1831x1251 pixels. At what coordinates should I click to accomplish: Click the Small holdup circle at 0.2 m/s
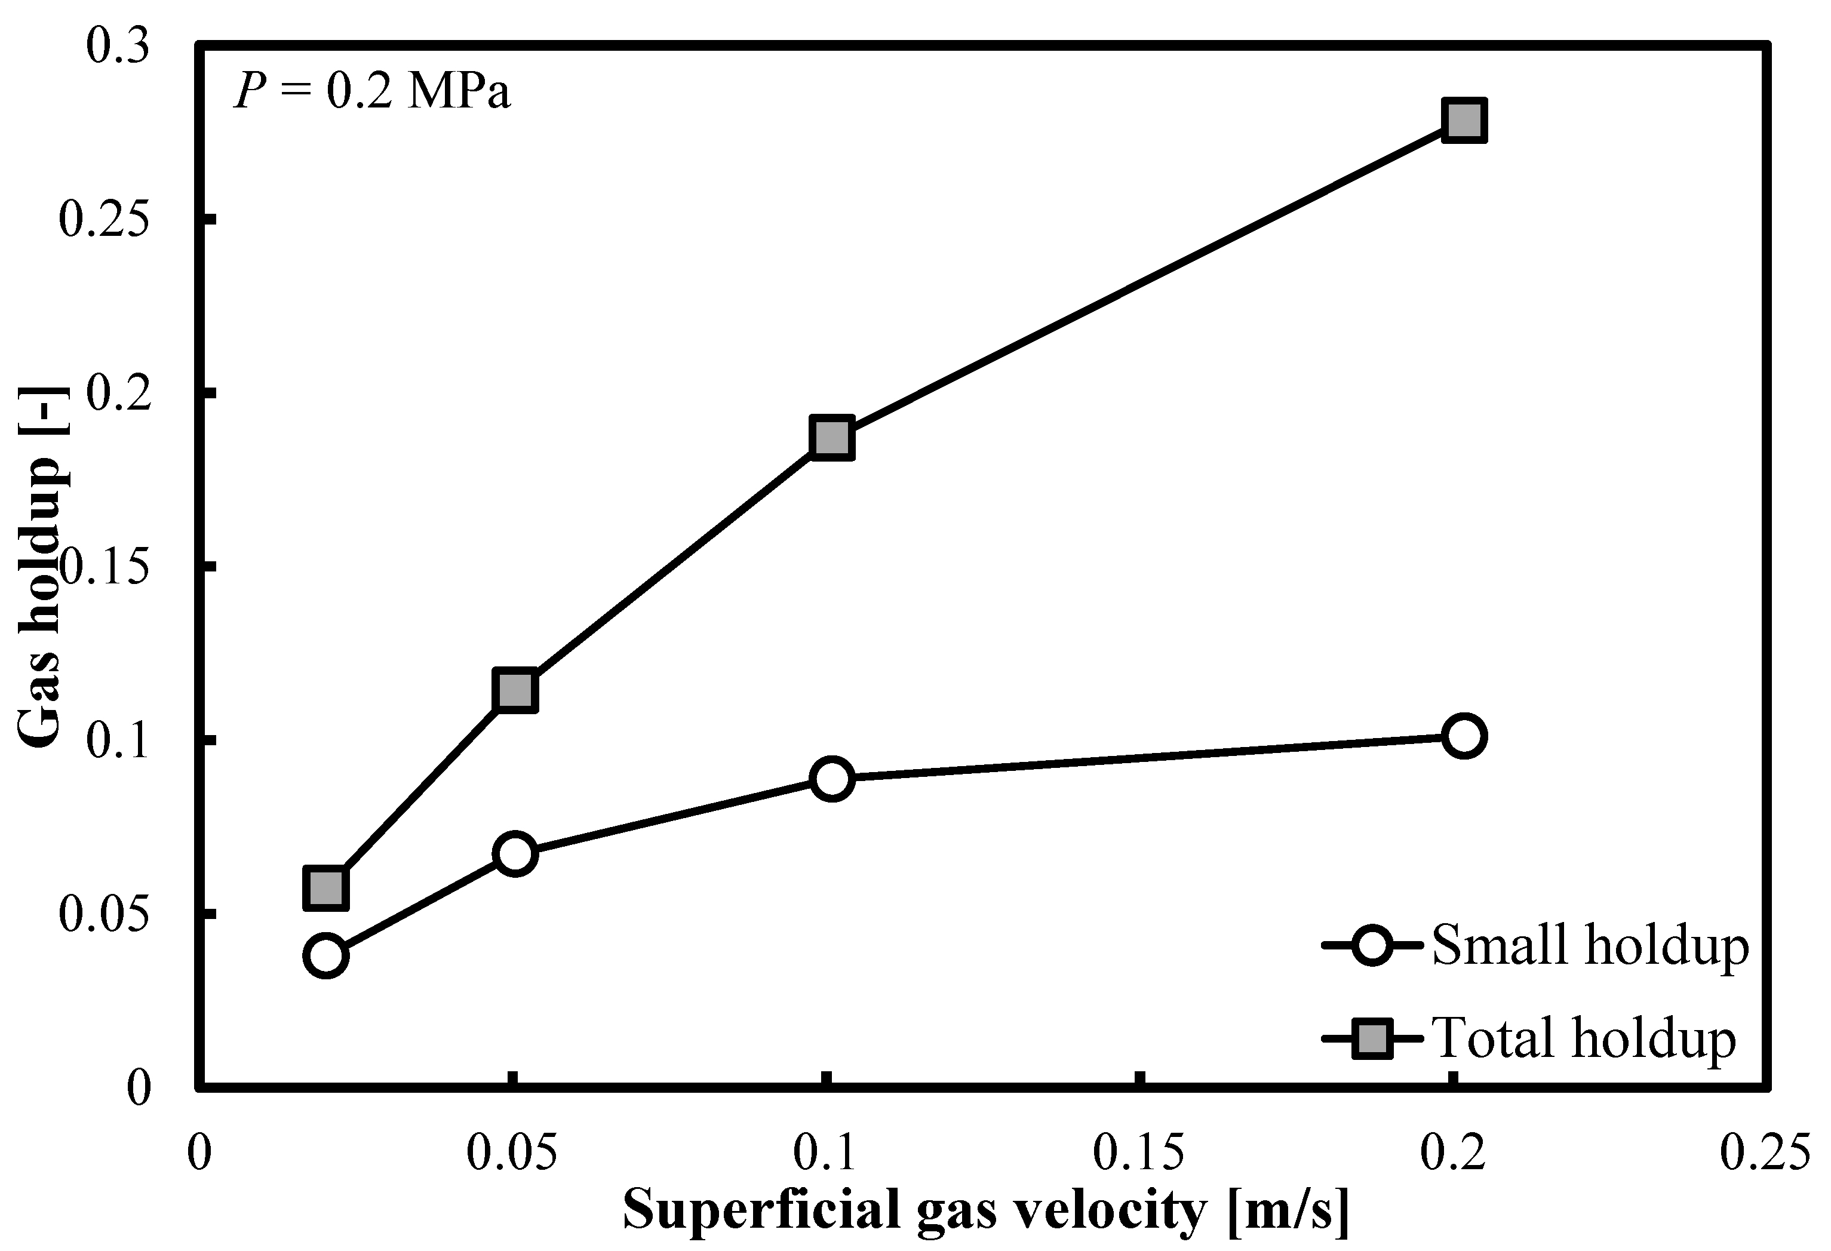tap(1464, 736)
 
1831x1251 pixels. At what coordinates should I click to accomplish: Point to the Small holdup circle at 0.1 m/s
tap(831, 778)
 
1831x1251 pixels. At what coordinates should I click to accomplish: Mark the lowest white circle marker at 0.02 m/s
tap(327, 955)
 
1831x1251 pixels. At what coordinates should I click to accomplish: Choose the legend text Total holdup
tap(1584, 1037)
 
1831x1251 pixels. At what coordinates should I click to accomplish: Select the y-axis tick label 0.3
tap(116, 47)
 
